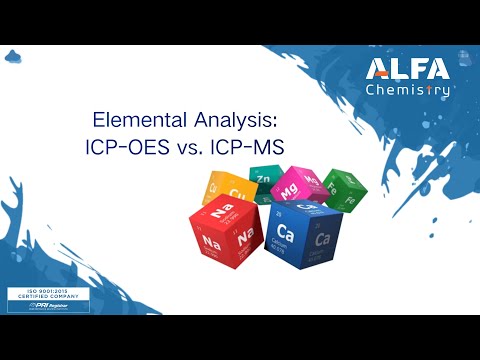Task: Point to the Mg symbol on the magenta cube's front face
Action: pos(289,187)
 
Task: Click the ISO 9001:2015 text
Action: pos(41,291)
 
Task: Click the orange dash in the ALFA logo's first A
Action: pos(380,73)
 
